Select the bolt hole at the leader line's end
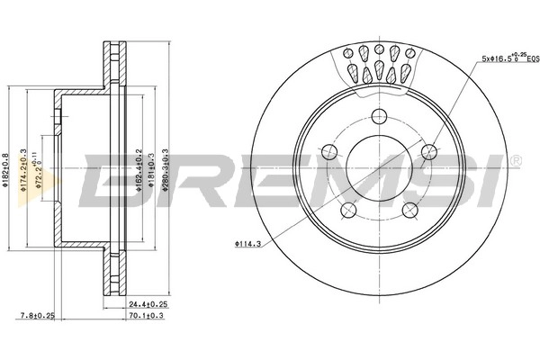(x=429, y=150)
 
